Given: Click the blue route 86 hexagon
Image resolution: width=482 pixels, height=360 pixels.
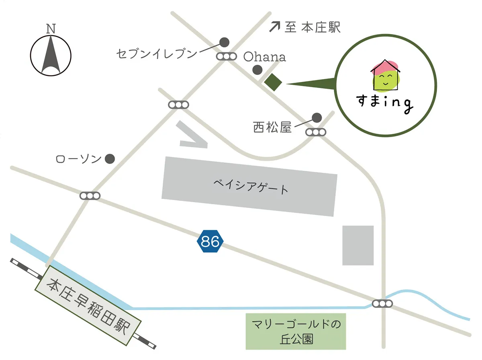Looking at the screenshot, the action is [210, 241].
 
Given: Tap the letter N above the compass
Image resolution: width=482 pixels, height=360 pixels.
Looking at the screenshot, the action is [51, 29].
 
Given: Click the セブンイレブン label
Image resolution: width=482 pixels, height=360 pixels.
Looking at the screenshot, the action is [157, 54].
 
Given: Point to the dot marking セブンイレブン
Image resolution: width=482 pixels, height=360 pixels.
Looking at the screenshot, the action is [224, 42].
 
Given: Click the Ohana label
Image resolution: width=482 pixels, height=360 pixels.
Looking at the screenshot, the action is [265, 57].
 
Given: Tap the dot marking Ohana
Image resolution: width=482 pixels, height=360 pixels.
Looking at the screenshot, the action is [257, 70].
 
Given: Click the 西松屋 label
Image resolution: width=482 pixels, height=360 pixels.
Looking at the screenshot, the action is [272, 127].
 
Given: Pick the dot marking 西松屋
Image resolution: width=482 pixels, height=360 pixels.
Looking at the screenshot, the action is [317, 117].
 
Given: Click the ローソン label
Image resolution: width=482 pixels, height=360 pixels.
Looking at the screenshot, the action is [78, 160].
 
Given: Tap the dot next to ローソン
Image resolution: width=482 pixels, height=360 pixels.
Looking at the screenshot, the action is [110, 159].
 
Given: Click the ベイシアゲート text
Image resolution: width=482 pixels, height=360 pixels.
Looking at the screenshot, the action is [251, 187].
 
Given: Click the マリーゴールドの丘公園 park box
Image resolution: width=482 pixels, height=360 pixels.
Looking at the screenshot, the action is [296, 331].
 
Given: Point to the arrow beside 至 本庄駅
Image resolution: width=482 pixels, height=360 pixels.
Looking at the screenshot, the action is [275, 27].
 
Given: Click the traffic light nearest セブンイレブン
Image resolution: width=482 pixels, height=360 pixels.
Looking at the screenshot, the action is [227, 56].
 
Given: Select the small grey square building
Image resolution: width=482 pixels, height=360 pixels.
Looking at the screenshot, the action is [357, 245].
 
